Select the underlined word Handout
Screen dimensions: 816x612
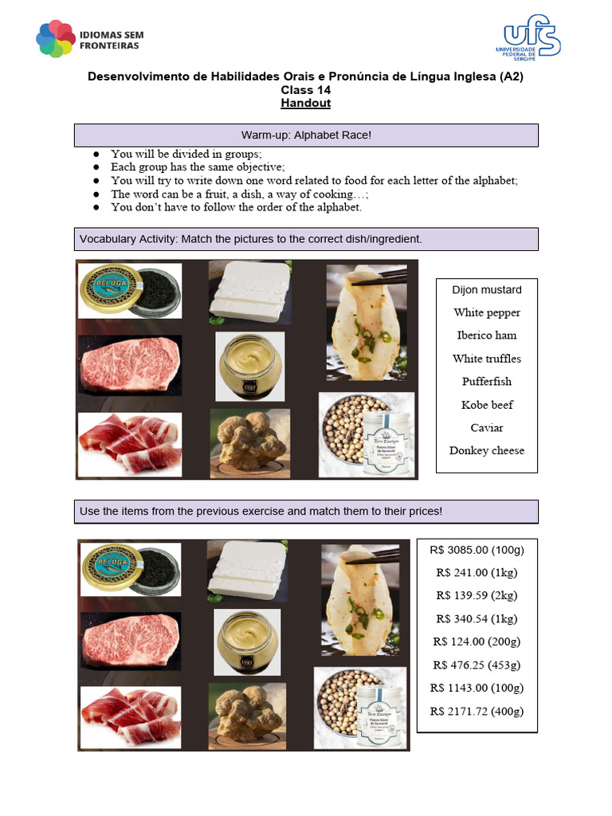click(x=305, y=104)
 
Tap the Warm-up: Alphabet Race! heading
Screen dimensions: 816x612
click(x=306, y=135)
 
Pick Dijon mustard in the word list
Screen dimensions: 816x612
click(x=486, y=290)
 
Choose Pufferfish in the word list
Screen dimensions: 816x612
click(x=486, y=382)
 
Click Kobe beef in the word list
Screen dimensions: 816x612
click(x=486, y=405)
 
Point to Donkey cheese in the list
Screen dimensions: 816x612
click(x=486, y=451)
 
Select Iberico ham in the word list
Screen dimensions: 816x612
click(x=486, y=335)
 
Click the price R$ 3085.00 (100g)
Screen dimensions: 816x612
click(x=477, y=550)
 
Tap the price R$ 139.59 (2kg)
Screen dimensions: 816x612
click(x=477, y=595)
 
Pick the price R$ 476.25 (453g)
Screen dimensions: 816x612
click(x=477, y=665)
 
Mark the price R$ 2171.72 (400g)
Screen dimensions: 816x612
click(x=477, y=711)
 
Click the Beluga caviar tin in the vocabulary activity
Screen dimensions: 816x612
click(x=129, y=291)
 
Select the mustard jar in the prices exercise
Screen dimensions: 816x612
click(x=247, y=641)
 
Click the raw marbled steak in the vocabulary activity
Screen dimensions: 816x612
click(x=129, y=365)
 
